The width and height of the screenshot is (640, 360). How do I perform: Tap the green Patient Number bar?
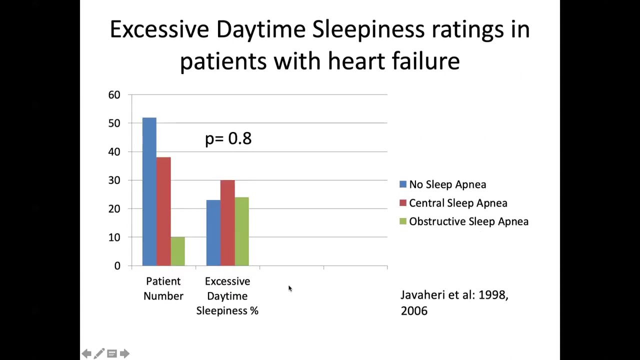(177, 251)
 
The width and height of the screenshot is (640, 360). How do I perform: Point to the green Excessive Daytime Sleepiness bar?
(241, 231)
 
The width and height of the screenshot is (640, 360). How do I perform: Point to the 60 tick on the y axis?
(114, 95)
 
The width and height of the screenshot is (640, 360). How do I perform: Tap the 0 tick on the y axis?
(117, 266)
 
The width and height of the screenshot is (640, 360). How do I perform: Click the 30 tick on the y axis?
(114, 180)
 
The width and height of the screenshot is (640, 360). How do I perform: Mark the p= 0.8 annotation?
(228, 138)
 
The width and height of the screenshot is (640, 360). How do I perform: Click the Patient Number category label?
(163, 288)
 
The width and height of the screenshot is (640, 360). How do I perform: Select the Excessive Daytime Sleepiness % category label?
(227, 296)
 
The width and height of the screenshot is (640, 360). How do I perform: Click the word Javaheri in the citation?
(422, 295)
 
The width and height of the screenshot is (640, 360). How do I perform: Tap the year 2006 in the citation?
(414, 310)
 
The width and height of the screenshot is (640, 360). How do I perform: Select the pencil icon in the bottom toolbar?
(99, 354)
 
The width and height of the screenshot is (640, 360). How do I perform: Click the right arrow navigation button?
(124, 354)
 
